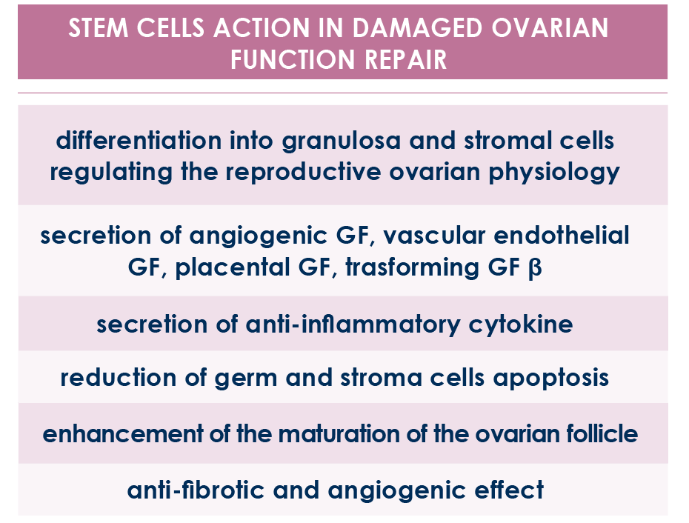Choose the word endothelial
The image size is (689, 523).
click(562, 235)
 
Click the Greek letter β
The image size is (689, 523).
click(535, 268)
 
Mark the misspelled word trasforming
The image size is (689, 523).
click(412, 268)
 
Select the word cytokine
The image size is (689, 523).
click(521, 324)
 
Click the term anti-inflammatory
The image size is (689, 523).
click(353, 324)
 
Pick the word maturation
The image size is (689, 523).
click(338, 434)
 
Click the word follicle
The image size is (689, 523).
click(602, 433)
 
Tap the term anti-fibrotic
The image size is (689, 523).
click(196, 490)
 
